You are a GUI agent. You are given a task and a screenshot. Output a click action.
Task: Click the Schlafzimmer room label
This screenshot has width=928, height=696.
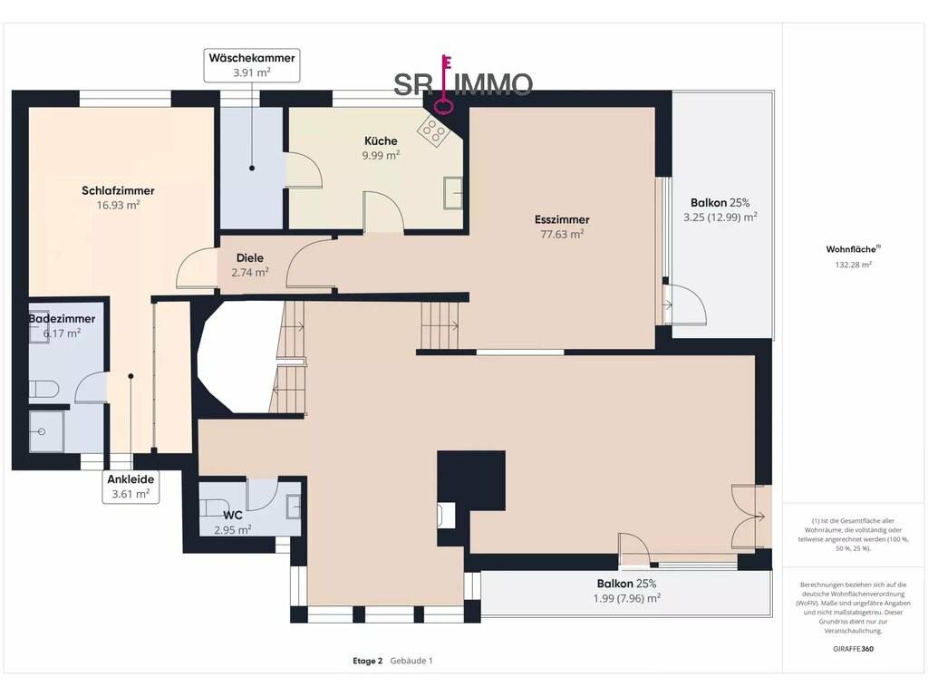[118, 190]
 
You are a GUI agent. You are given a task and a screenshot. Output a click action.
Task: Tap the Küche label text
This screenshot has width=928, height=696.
[381, 140]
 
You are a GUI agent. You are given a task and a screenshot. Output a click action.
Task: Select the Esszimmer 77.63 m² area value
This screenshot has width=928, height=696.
[562, 235]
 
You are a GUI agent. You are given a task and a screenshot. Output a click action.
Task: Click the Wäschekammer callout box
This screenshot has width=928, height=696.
[252, 65]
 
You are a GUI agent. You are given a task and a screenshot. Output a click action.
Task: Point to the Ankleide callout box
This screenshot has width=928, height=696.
[130, 487]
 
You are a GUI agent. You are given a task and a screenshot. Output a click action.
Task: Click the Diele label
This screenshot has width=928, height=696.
[250, 258]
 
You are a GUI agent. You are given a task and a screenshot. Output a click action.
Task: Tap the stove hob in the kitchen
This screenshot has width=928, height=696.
[433, 130]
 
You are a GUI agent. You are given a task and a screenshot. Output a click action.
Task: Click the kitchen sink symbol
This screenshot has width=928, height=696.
[453, 193]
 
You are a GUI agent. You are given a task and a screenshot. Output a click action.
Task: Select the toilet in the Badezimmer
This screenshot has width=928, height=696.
[44, 390]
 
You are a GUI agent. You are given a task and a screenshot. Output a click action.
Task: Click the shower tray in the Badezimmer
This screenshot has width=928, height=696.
[46, 431]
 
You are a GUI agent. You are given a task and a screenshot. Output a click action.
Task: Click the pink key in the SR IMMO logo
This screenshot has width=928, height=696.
[444, 83]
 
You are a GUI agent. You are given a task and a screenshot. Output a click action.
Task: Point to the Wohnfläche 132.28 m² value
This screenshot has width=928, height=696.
[853, 266]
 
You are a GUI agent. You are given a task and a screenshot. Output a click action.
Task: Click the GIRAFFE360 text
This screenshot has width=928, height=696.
[853, 649]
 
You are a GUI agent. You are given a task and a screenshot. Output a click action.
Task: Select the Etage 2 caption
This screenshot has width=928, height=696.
[368, 661]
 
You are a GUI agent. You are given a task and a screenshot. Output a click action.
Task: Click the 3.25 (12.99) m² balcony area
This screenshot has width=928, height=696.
[720, 217]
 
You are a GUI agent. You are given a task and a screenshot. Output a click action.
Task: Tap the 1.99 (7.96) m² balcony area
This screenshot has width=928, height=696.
[627, 598]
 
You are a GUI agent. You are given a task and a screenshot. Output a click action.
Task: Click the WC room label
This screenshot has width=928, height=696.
[233, 516]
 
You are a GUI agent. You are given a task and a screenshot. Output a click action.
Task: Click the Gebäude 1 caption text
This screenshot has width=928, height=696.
[411, 661]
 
